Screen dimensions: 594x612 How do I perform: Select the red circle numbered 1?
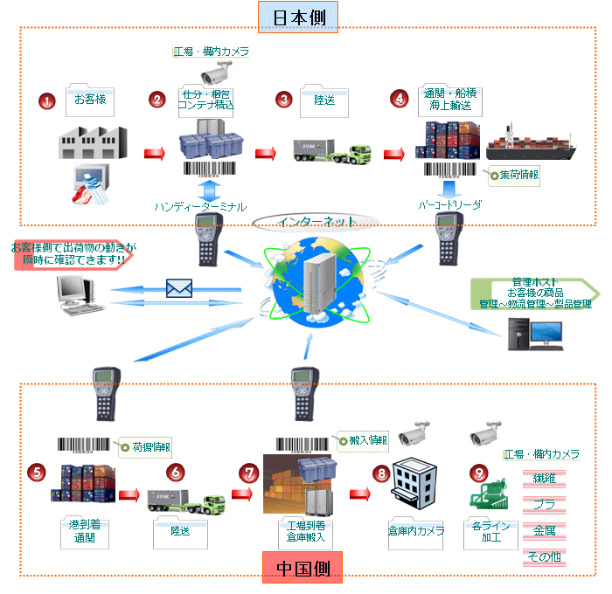tap(46, 100)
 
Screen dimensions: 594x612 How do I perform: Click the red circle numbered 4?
tap(400, 98)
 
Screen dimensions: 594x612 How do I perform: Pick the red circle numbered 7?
tap(249, 473)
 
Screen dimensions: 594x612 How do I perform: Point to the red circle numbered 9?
tap(478, 473)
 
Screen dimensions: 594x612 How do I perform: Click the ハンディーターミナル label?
tap(199, 206)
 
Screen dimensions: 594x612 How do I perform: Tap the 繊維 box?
tap(545, 479)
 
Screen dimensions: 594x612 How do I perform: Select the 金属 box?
tap(545, 531)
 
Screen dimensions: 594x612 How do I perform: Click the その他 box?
tap(545, 557)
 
